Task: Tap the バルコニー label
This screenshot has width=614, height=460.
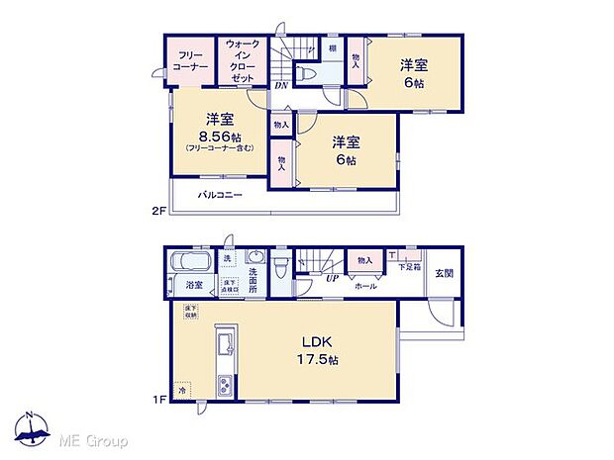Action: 220,195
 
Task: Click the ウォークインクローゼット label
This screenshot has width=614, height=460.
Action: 244,61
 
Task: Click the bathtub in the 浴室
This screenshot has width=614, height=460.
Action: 188,264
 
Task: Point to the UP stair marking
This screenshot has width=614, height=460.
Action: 333,278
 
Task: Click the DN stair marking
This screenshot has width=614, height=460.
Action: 281,84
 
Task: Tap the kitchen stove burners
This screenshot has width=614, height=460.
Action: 224,384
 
